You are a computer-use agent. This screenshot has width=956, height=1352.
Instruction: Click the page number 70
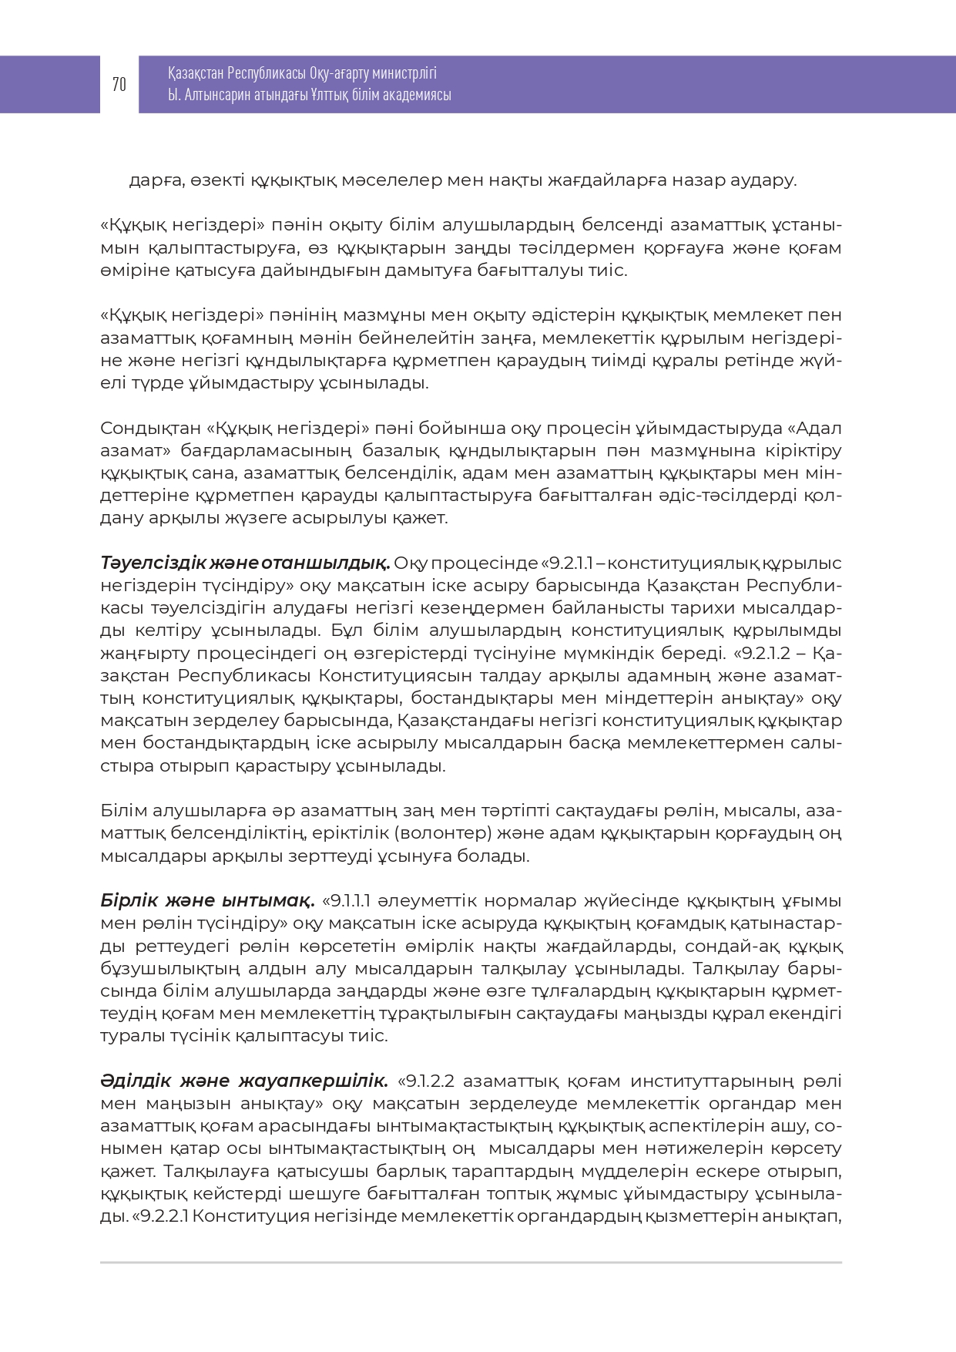coord(119,85)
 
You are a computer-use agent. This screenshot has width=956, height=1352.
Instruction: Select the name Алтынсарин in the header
coord(217,95)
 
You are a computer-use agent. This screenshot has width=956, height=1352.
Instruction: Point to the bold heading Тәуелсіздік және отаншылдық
coord(245,563)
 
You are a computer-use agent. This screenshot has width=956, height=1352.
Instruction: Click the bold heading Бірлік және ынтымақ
coord(207,901)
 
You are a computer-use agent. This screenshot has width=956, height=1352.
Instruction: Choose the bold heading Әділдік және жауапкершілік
coord(244,1081)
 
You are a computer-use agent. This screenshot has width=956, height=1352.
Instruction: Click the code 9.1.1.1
coord(351,901)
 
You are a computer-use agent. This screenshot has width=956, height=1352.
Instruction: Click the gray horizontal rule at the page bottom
coord(471,1263)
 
